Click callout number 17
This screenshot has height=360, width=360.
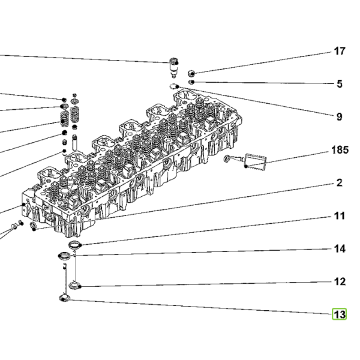(x=340, y=51)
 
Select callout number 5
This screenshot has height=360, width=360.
(x=340, y=84)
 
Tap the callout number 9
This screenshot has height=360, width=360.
(x=340, y=117)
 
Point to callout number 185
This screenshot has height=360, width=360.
(x=340, y=149)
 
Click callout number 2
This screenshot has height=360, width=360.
(x=340, y=183)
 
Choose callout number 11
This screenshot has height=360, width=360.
(x=340, y=216)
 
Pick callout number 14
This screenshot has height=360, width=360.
(x=340, y=248)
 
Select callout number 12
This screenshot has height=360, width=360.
(x=340, y=281)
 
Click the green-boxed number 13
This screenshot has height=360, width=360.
(x=340, y=314)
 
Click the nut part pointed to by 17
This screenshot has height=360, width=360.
(x=191, y=73)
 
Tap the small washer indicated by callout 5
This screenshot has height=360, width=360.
(x=191, y=82)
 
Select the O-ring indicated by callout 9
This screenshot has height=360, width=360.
(x=174, y=86)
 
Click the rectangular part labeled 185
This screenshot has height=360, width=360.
(x=256, y=161)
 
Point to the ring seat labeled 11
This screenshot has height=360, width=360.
(x=75, y=245)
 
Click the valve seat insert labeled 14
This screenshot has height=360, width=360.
(x=64, y=256)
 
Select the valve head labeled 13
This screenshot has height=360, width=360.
(x=65, y=298)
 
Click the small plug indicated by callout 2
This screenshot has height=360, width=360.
(x=33, y=226)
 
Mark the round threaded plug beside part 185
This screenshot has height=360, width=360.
(x=227, y=158)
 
